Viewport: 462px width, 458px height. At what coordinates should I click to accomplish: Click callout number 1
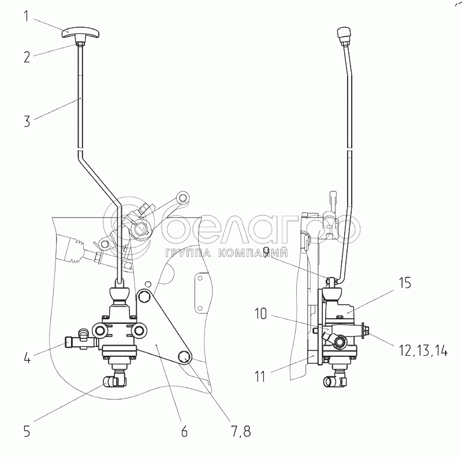tap(27, 16)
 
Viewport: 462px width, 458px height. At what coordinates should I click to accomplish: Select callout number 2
tap(27, 57)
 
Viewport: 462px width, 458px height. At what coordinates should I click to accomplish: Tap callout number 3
tap(27, 121)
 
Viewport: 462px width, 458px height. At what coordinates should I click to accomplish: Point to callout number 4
tap(27, 357)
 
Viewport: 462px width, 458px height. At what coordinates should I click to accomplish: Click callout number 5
tap(27, 431)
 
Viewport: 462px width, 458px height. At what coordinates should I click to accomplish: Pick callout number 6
tap(184, 431)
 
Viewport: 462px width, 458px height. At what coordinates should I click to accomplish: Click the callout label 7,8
tap(241, 432)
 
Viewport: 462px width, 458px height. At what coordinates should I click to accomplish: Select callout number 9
tap(267, 252)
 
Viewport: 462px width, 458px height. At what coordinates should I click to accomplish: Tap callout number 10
tap(260, 313)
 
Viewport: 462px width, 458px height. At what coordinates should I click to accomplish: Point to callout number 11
tap(260, 376)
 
